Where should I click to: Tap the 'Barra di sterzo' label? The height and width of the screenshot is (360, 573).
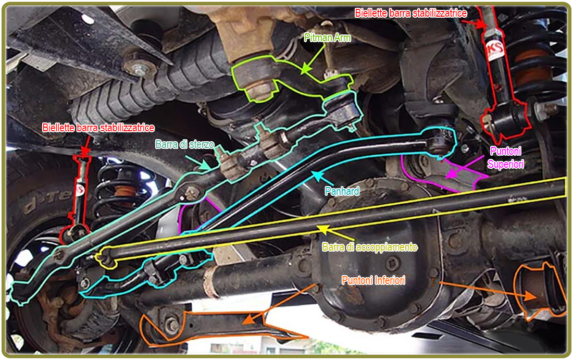pos(184,144)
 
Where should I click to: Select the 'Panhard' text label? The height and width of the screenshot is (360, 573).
pos(342,191)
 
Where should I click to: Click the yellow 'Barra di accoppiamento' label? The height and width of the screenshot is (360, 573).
pos(369,247)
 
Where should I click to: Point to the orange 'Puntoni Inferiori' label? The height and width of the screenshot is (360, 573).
pos(373,280)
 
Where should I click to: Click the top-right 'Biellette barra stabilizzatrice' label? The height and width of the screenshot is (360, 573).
pos(410,13)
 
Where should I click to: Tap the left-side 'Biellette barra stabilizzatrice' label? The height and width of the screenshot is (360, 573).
pos(98,128)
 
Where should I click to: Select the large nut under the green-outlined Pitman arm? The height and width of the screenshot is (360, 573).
pos(257,91)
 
